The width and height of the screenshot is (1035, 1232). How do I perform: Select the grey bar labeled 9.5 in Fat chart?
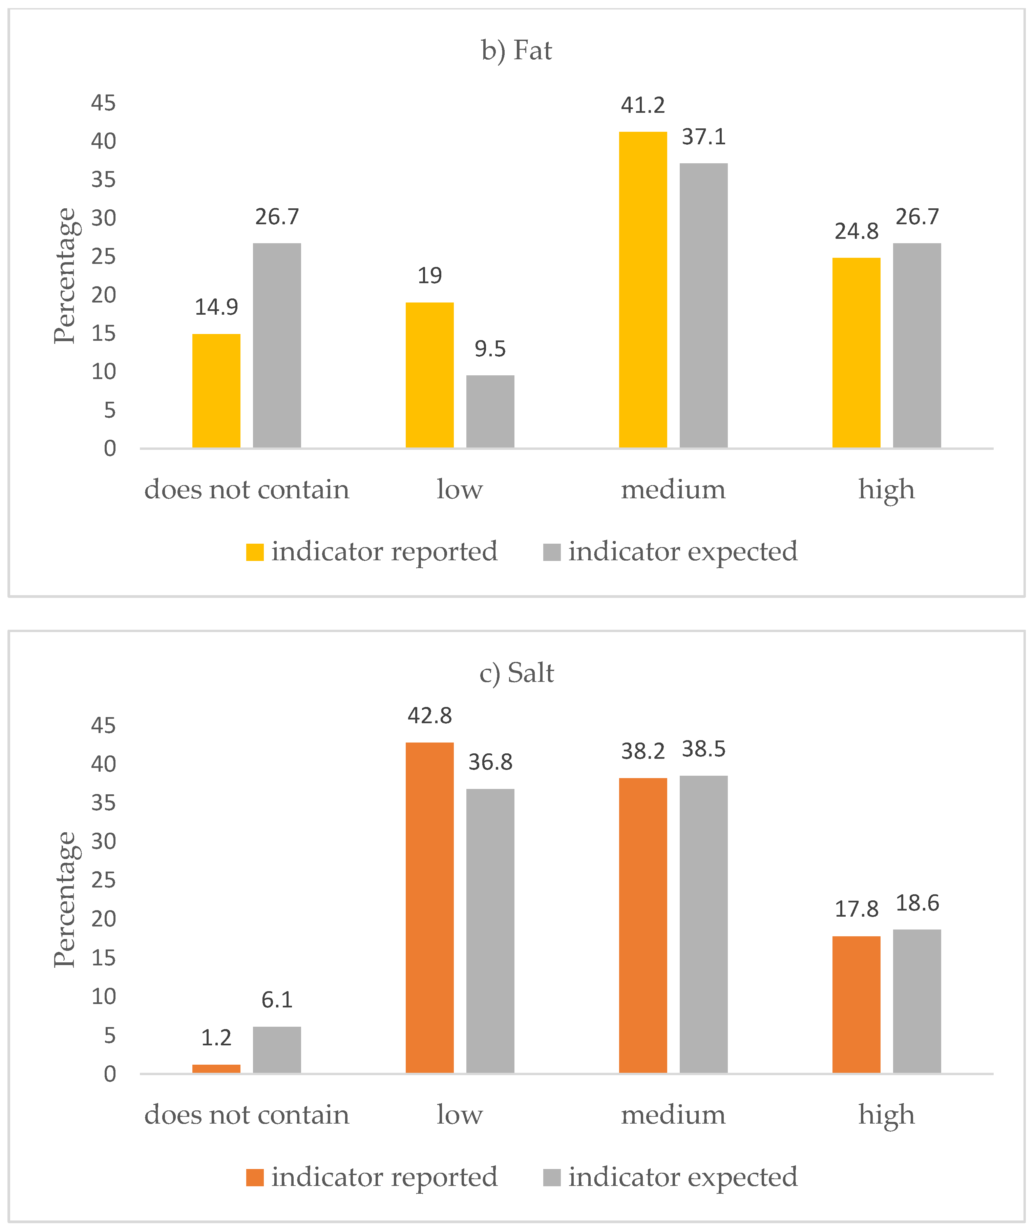pyautogui.click(x=490, y=412)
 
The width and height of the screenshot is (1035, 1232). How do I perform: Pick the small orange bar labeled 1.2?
pyautogui.click(x=216, y=1068)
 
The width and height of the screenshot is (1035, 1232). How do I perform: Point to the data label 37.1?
pyautogui.click(x=703, y=137)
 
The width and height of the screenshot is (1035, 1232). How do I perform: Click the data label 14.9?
pyautogui.click(x=216, y=307)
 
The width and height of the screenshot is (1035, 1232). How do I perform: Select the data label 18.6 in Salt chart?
pyautogui.click(x=917, y=903)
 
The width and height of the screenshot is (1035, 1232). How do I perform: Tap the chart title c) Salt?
pyautogui.click(x=516, y=673)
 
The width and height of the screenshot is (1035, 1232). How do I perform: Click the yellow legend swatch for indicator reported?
pyautogui.click(x=255, y=552)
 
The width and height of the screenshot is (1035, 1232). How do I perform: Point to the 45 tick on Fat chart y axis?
pyautogui.click(x=103, y=103)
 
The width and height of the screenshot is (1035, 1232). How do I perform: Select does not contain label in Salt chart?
pyautogui.click(x=247, y=1114)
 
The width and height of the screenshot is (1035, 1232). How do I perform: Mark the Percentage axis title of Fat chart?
pyautogui.click(x=65, y=276)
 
